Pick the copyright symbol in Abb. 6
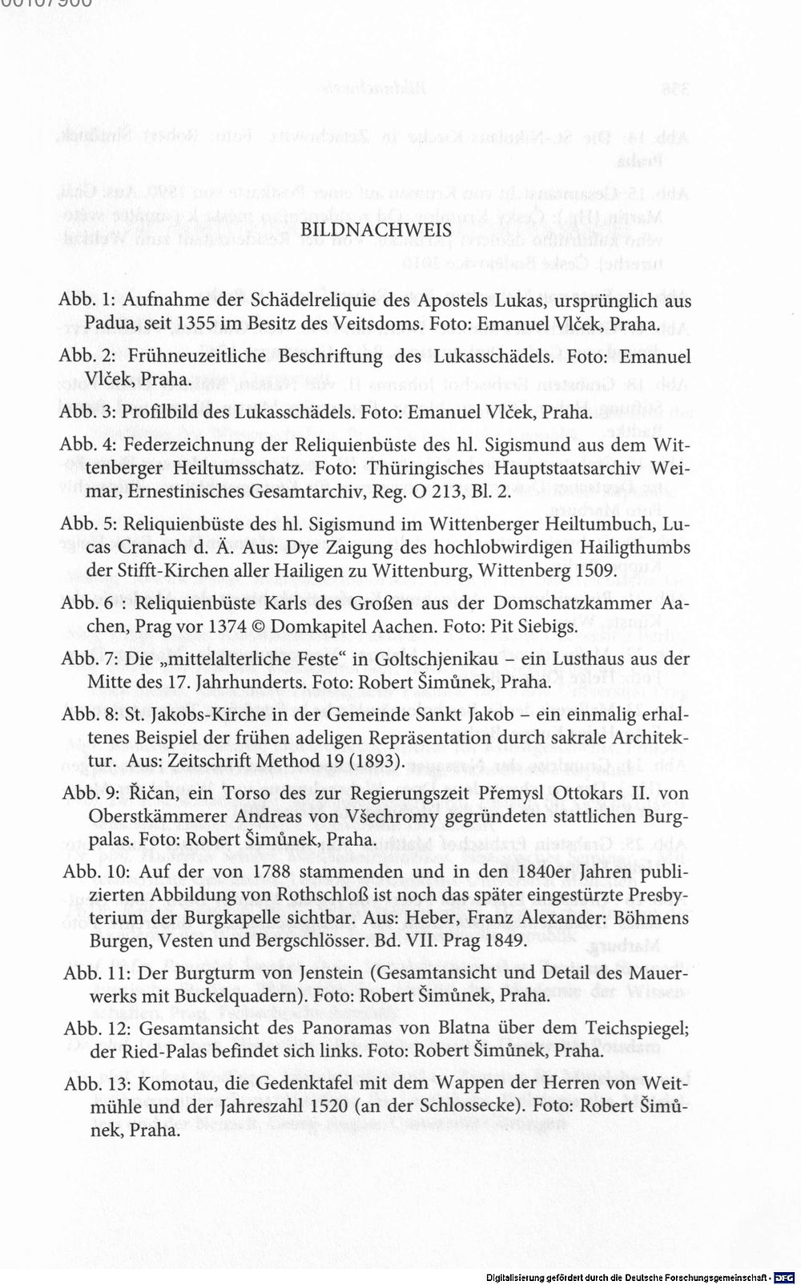tap(260, 626)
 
